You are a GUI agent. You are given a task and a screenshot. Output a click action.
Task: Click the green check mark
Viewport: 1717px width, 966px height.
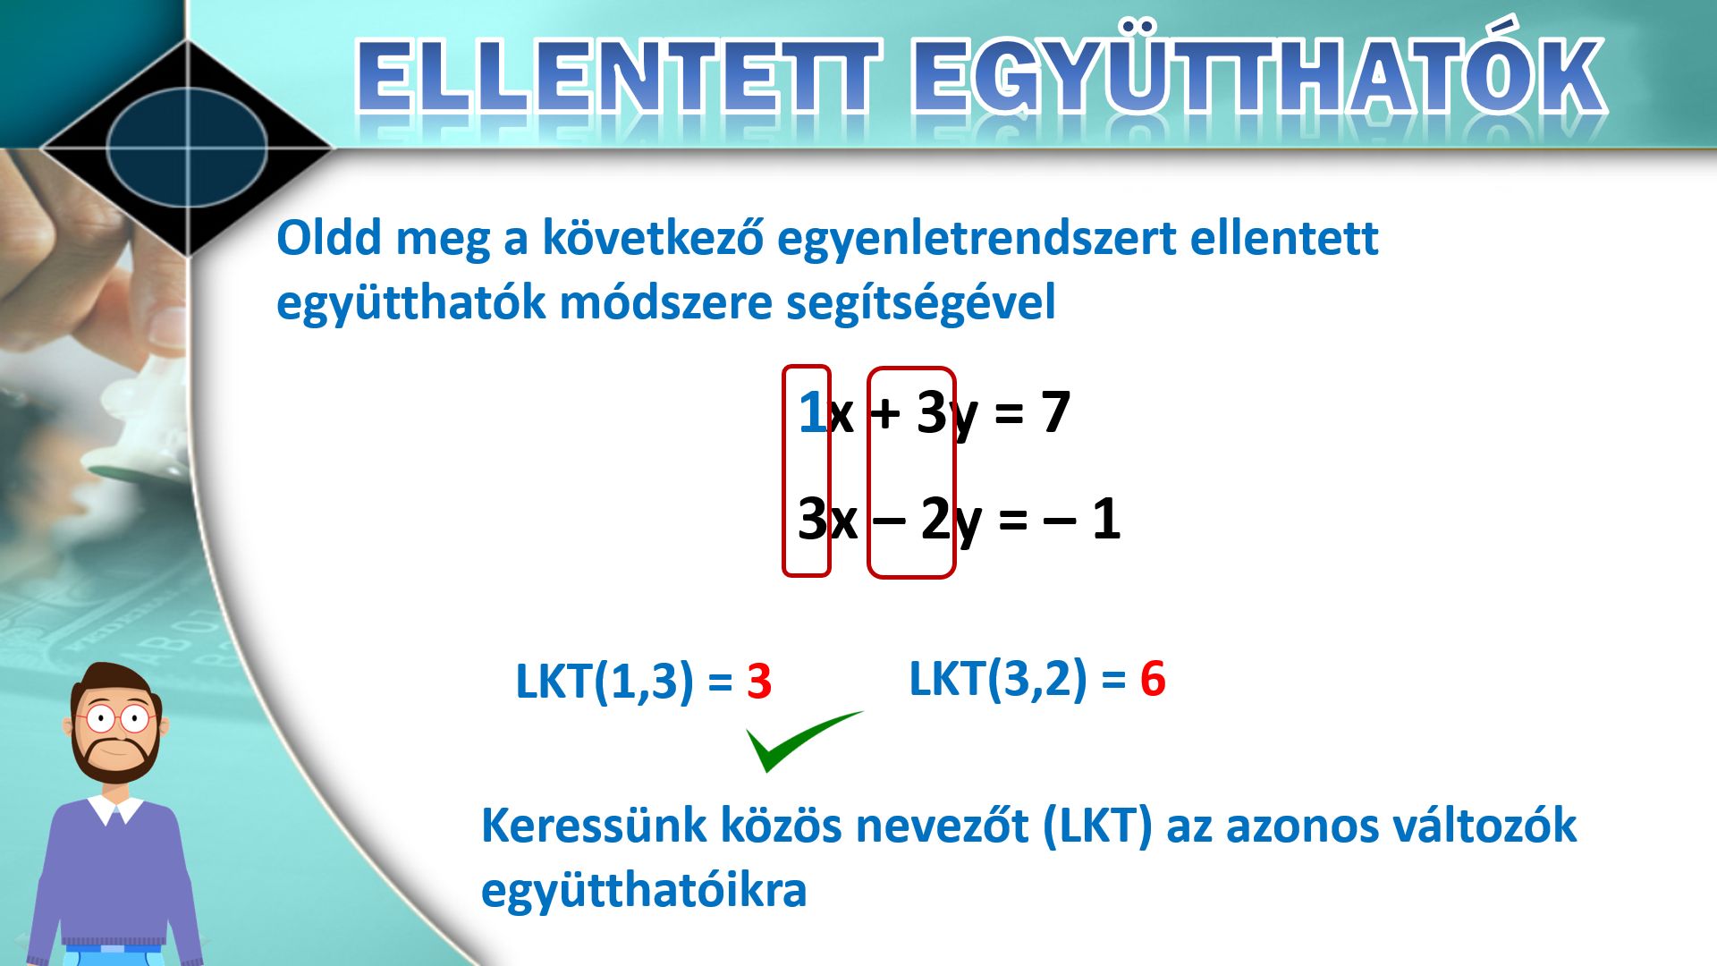[x=803, y=741]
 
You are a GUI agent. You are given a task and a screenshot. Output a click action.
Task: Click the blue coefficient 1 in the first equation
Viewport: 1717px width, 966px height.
[x=812, y=412]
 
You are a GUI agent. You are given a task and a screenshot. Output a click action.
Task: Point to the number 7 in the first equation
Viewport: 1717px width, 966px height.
[x=1055, y=412]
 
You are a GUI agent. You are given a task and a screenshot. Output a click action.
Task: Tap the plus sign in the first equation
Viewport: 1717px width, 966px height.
[x=884, y=414]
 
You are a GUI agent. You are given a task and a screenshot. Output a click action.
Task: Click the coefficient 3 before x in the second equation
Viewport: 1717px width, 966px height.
[x=812, y=518]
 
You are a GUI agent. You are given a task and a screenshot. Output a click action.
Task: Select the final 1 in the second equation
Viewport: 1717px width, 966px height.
[x=1106, y=518]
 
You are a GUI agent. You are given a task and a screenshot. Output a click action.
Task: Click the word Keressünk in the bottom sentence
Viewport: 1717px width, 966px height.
[x=594, y=825]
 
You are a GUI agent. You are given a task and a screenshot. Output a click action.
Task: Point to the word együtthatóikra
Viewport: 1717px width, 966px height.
[x=644, y=890]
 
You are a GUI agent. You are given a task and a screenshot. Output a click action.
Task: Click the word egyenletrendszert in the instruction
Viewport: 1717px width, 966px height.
[x=977, y=239]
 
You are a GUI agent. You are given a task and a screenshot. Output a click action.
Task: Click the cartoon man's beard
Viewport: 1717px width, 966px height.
[x=115, y=755]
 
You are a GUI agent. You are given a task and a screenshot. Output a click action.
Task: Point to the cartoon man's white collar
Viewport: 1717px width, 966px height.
[x=114, y=809]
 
